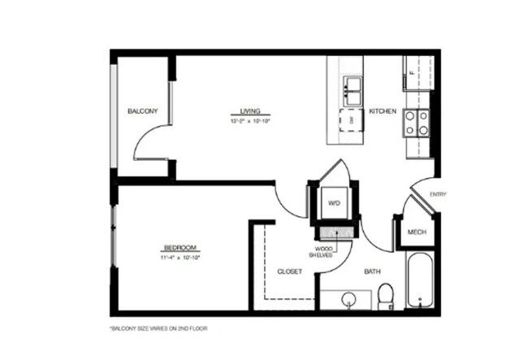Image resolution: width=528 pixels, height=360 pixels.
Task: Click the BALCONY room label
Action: point(142,111)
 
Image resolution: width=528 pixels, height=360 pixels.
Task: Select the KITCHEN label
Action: point(382,111)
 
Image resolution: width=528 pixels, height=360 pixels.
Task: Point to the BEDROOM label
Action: point(180,248)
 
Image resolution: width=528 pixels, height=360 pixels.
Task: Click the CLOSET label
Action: point(290,271)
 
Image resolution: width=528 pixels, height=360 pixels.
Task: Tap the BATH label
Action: point(373,271)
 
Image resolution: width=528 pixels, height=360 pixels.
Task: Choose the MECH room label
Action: point(417,232)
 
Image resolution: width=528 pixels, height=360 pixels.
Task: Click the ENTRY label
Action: point(438,194)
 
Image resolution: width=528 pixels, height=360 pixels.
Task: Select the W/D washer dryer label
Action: point(333,202)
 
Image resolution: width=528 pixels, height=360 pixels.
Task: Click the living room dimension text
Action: point(249,121)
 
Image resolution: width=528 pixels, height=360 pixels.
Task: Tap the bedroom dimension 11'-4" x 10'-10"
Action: point(180,258)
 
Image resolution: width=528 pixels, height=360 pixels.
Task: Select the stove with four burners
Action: point(417,122)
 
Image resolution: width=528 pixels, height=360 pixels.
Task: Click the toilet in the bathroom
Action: point(387,296)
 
